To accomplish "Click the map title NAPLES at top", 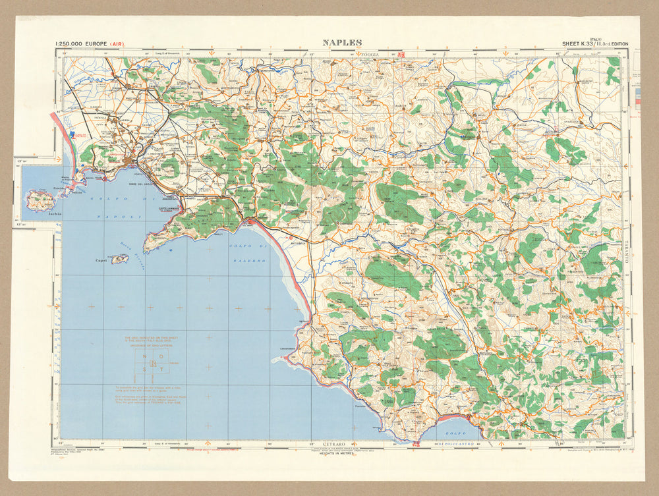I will (x=342, y=43).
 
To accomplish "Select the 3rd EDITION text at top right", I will (x=612, y=44).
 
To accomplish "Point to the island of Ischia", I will (x=40, y=201).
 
